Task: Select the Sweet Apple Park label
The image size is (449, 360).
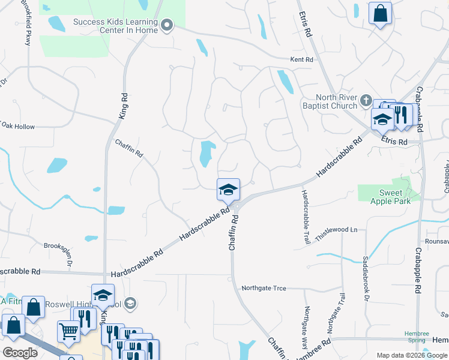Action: coord(394,197)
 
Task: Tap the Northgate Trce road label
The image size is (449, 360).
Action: coord(264,288)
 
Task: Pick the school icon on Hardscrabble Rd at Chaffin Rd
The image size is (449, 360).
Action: coord(228,190)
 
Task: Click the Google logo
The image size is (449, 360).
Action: coord(20,353)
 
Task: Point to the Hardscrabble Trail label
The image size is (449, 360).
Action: coord(305,217)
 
